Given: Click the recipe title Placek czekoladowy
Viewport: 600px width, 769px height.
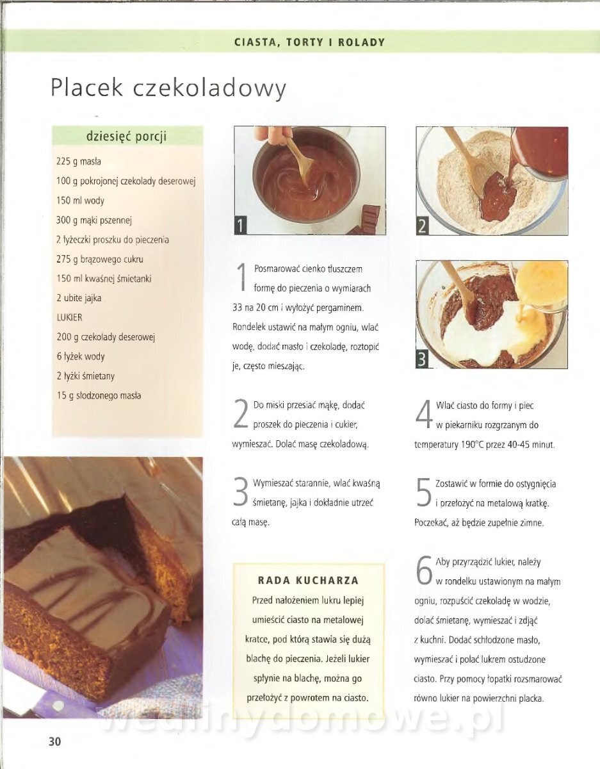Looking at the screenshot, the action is tap(168, 88).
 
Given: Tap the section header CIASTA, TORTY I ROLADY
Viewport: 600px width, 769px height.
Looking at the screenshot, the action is tap(309, 42).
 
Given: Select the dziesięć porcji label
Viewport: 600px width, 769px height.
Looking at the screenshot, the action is tap(127, 136).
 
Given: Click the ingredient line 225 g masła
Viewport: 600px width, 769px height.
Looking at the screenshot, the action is tap(79, 161).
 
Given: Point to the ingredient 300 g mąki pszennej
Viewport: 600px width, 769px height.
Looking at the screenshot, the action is tap(93, 220).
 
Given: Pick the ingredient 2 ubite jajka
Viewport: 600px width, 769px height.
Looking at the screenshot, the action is tap(79, 298).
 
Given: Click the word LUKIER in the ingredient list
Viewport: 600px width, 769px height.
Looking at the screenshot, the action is tap(69, 317).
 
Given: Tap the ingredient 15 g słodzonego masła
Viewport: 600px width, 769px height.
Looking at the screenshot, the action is tap(99, 395).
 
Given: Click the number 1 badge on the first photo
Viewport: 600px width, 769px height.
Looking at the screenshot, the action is tap(240, 225).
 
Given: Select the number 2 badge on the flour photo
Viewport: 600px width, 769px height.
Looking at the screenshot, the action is tap(423, 226).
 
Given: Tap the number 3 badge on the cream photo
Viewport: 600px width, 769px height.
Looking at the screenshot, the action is tap(422, 360).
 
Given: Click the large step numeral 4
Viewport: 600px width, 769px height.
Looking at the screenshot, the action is tap(423, 414).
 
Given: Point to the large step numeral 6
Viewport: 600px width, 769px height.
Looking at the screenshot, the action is tap(424, 570).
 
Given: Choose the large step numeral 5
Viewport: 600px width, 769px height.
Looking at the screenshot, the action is tap(424, 492).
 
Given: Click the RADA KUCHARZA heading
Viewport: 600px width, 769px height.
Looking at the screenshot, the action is tap(308, 581).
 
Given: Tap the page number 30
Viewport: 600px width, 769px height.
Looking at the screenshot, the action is tap(55, 741).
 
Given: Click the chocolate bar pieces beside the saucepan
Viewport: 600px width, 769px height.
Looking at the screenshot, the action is tap(366, 220).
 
